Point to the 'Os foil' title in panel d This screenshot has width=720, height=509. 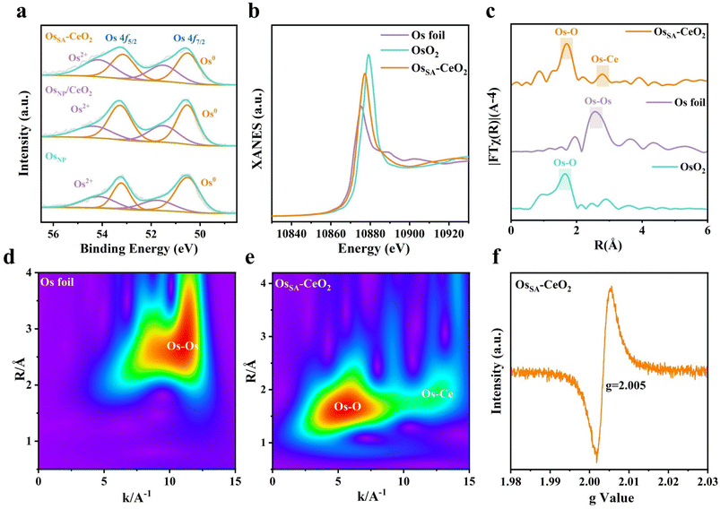point(59,283)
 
